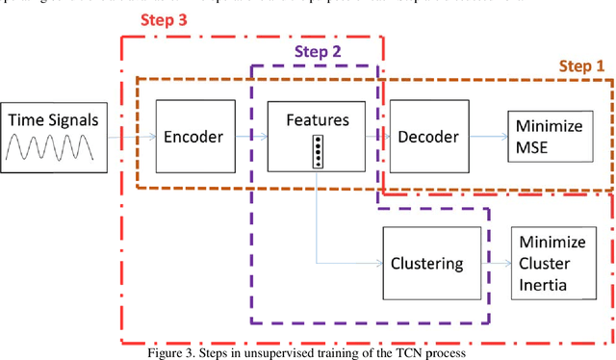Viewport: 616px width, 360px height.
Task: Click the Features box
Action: click(x=317, y=137)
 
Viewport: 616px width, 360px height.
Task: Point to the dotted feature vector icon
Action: click(x=318, y=152)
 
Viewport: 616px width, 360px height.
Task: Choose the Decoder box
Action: click(x=428, y=137)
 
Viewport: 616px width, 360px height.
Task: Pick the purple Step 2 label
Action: click(x=316, y=52)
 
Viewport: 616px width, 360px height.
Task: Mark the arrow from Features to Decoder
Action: click(x=374, y=138)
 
